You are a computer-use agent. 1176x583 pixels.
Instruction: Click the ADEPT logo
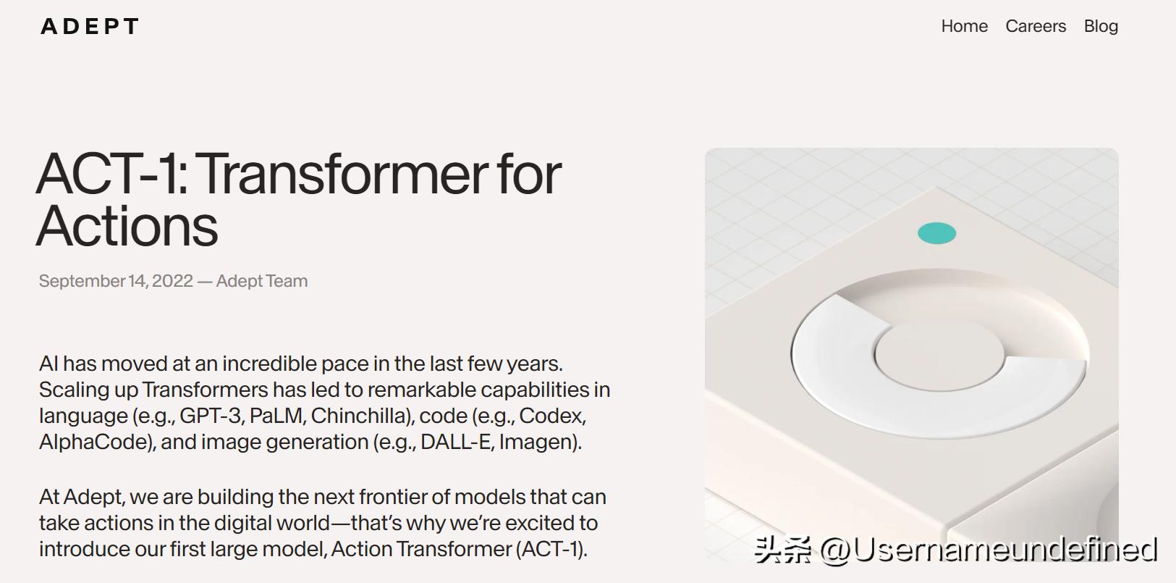point(90,26)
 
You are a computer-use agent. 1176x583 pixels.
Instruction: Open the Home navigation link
point(965,26)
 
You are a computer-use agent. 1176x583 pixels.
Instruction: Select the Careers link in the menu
point(1036,26)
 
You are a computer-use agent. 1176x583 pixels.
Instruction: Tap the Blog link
point(1101,26)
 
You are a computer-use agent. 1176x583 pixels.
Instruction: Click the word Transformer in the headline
point(344,175)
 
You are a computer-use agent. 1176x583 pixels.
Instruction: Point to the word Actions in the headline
point(127,226)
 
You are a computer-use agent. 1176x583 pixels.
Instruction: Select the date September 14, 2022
point(116,281)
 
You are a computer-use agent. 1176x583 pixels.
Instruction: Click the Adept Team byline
point(262,281)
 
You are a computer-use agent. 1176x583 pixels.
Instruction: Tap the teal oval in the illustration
point(936,233)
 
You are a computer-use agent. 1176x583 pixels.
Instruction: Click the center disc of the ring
point(939,356)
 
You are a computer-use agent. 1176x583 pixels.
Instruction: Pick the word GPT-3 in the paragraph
point(210,416)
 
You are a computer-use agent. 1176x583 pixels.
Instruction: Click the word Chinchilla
point(361,416)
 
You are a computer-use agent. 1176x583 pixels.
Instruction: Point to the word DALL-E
point(455,443)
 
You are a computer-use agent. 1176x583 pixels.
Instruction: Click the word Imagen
point(538,443)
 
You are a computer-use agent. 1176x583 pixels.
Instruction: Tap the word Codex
point(551,416)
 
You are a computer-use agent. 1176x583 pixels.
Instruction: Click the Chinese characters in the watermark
point(783,550)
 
